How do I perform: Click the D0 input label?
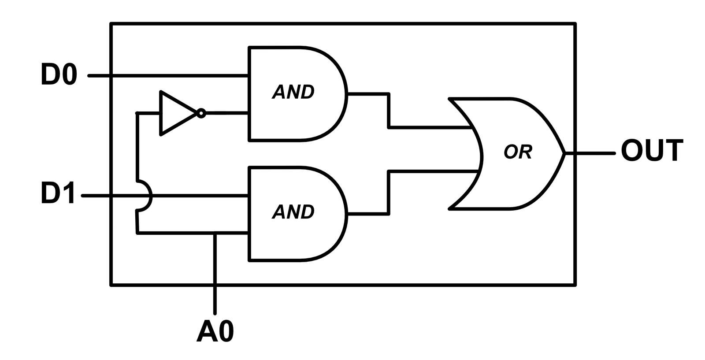[59, 74]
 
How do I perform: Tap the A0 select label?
[215, 331]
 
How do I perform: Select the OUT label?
[652, 151]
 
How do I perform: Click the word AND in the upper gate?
[293, 92]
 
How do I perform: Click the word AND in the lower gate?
[293, 212]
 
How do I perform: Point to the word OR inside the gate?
[518, 152]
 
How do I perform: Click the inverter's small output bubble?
[201, 113]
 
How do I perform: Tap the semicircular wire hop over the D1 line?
[150, 196]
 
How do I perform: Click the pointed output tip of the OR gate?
[564, 153]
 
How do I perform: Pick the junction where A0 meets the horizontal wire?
[215, 233]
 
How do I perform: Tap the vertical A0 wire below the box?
[215, 300]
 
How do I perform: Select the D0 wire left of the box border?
[100, 76]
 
